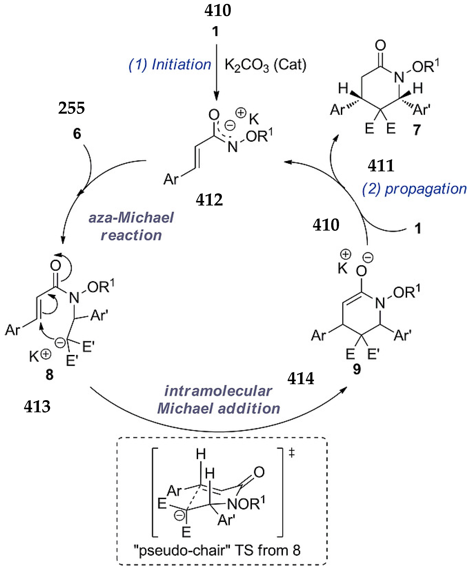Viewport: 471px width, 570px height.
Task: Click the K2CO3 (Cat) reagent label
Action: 265,65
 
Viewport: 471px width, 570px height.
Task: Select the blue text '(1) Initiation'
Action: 170,65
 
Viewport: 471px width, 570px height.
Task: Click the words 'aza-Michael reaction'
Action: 131,226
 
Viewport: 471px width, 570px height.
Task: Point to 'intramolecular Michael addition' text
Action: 219,400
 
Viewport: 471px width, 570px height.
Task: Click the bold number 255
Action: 71,108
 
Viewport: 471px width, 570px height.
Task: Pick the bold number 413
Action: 37,406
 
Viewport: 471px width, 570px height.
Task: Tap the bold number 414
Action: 301,379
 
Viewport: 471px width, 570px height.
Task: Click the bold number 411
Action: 381,166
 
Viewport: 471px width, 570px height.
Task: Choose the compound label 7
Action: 417,130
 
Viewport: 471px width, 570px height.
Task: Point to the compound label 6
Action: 77,134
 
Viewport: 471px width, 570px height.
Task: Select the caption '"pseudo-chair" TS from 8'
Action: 217,551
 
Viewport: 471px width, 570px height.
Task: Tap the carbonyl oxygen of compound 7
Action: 380,45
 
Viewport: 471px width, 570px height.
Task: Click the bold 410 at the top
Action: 218,11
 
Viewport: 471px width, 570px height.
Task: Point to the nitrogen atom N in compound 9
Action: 380,303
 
